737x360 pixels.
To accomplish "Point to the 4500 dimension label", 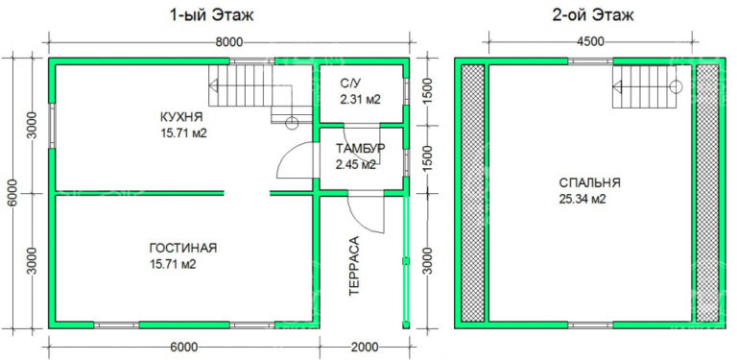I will click(589, 41).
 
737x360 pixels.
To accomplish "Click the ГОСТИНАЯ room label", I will click(182, 248).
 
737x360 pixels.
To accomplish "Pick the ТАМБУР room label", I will click(360, 149).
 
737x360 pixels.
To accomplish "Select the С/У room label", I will click(351, 83).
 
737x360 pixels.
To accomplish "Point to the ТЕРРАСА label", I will click(354, 263).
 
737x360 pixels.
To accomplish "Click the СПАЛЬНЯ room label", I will click(589, 182).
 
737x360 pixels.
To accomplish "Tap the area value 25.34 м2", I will click(589, 199).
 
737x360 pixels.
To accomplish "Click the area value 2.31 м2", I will click(361, 98).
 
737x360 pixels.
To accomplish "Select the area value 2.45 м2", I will click(356, 164).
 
